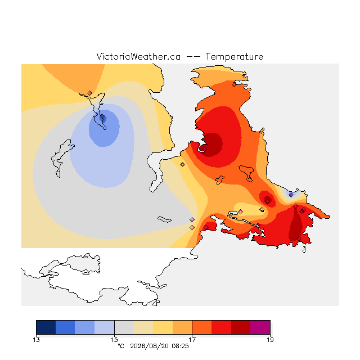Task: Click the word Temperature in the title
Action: coord(234,57)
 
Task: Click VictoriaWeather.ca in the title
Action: coord(138,57)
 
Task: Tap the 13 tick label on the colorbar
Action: coord(36,340)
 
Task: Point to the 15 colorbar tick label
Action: coord(114,340)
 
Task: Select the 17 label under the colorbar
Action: coord(192,340)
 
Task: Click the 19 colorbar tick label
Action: coord(270,340)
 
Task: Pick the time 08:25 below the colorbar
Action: coord(180,346)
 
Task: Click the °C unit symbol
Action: coord(121,346)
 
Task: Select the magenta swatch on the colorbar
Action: coord(260,327)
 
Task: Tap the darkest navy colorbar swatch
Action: coord(46,327)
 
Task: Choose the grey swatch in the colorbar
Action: coord(124,327)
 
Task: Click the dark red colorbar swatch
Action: coord(241,327)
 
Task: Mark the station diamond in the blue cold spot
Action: coord(102,116)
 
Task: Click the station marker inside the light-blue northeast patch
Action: coord(291,195)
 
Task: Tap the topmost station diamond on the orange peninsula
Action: coord(234,85)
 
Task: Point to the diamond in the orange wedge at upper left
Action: coord(90,93)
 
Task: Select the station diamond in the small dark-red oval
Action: coord(268,201)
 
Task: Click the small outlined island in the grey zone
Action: coord(164,219)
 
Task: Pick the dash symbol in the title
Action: coord(193,57)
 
